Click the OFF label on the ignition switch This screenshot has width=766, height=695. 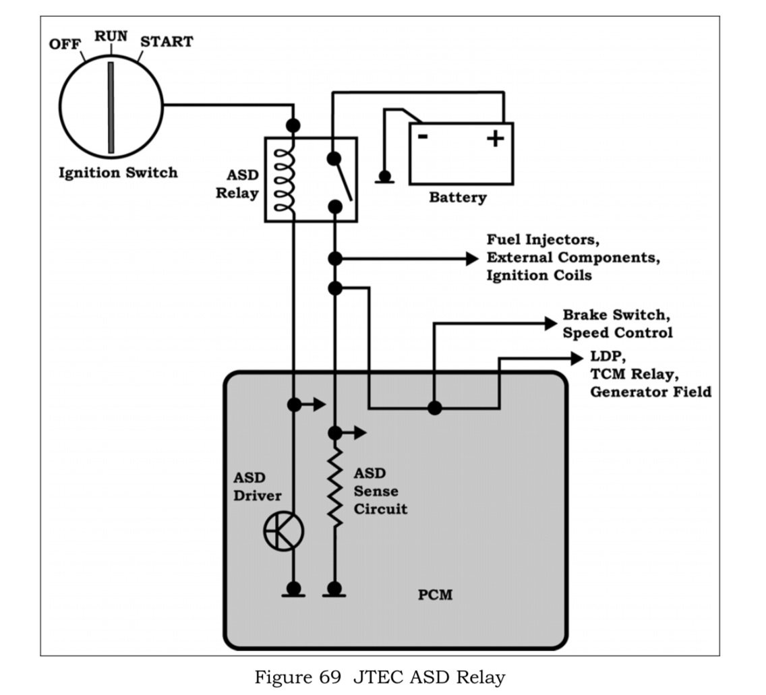65,44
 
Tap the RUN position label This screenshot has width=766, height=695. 111,36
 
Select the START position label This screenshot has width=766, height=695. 166,42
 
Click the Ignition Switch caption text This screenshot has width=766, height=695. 118,173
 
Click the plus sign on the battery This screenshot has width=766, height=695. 496,138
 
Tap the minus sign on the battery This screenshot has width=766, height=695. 423,137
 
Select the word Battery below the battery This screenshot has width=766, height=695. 457,198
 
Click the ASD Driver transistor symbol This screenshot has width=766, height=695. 283,532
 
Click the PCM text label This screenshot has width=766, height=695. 435,595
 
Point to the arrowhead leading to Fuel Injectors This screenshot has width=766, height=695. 472,258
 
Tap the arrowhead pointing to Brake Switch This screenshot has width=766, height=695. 550,324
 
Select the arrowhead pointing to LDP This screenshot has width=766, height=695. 577,359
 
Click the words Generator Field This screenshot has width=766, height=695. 650,392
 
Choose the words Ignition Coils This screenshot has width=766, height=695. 539,276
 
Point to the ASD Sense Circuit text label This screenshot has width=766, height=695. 380,491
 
